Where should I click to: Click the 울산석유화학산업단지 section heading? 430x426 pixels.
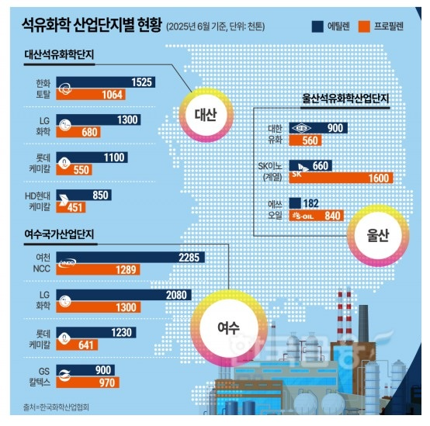(x=345, y=100)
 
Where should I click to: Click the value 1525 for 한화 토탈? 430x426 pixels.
(x=140, y=82)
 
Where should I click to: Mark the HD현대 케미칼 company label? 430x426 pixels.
(x=38, y=200)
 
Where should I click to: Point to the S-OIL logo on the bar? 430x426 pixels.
(x=303, y=215)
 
